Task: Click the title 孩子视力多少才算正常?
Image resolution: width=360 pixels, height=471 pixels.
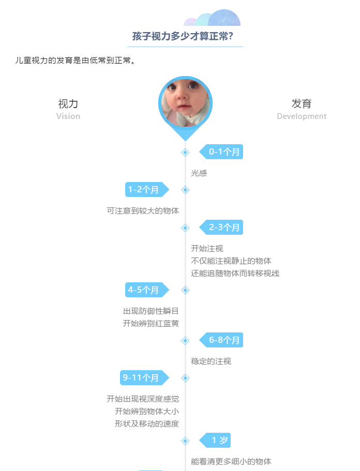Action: (x=183, y=36)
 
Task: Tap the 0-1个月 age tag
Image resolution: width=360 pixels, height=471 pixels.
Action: (x=221, y=151)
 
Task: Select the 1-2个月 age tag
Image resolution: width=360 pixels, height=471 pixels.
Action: (x=147, y=190)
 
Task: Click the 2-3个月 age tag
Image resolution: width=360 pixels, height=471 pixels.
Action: (x=221, y=227)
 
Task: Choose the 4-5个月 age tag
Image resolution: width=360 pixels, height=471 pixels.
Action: (x=147, y=290)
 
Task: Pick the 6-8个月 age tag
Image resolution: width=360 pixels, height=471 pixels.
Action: (x=221, y=340)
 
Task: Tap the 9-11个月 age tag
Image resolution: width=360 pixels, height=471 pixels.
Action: (x=144, y=377)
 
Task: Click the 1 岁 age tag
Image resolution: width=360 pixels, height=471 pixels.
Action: (x=215, y=440)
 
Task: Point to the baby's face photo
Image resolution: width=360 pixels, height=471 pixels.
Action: (x=185, y=103)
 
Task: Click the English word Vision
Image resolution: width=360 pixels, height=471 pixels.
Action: (x=68, y=116)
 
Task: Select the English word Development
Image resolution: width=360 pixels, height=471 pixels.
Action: (x=302, y=116)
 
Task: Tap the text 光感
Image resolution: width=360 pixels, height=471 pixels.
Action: (x=199, y=173)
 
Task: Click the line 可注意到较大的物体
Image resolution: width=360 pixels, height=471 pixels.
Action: (x=143, y=211)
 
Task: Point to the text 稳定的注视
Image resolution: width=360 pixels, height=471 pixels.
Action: (x=211, y=361)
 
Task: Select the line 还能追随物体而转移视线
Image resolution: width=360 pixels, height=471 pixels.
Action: (x=235, y=274)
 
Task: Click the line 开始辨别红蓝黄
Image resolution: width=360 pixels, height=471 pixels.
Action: (x=151, y=324)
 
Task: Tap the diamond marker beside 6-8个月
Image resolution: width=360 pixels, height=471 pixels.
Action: (x=185, y=341)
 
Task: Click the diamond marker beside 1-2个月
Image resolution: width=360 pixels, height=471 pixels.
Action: (x=185, y=190)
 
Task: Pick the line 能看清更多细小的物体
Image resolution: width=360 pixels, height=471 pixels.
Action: (x=231, y=461)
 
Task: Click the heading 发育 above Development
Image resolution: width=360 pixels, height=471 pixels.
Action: (x=302, y=103)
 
